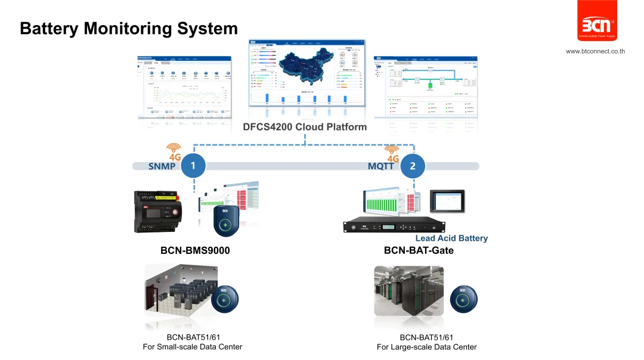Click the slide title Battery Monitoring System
[x=129, y=29]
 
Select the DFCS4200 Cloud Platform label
[x=305, y=127]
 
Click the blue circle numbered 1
[x=193, y=166]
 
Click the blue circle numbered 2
[x=413, y=166]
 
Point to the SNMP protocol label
[x=162, y=166]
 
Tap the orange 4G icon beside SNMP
[x=174, y=152]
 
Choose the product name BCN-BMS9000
[x=195, y=251]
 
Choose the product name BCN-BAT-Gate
[x=419, y=251]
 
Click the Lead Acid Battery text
[x=451, y=238]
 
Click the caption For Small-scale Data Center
[x=193, y=347]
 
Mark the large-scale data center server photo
[x=408, y=291]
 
